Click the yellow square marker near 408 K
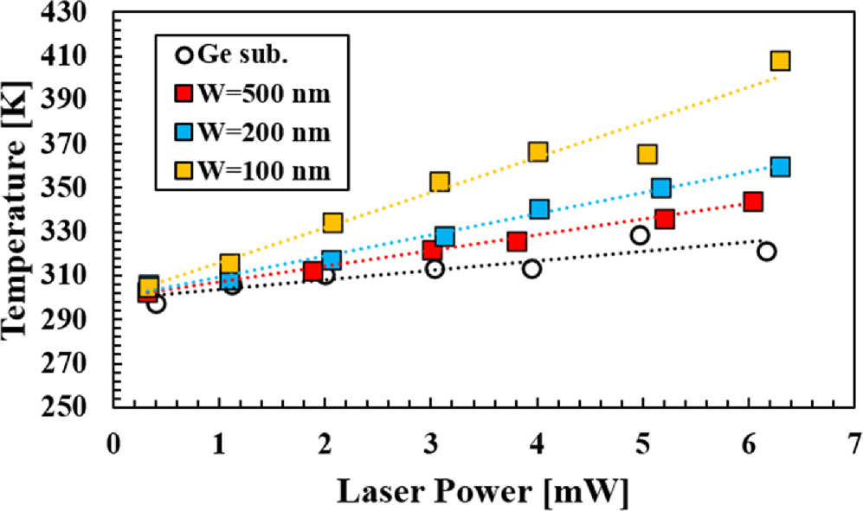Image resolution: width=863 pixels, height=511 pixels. click(780, 61)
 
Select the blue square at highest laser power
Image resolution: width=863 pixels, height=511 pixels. click(780, 167)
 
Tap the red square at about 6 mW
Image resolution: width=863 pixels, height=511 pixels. click(753, 202)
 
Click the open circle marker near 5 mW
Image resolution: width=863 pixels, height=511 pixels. click(640, 235)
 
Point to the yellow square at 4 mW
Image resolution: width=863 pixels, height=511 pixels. click(538, 152)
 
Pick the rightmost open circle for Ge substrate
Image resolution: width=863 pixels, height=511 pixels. click(766, 252)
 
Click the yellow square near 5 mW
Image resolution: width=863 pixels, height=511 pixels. click(647, 154)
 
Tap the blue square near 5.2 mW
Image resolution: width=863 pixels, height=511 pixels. click(661, 188)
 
